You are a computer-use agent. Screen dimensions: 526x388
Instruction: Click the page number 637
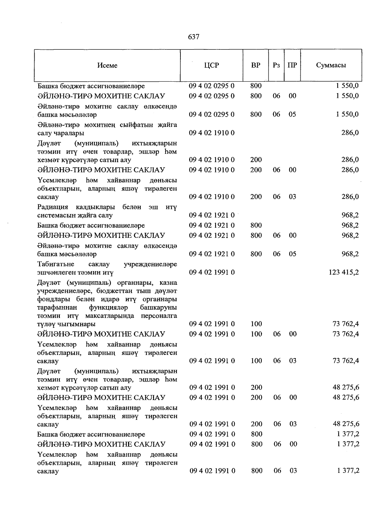pos(194,37)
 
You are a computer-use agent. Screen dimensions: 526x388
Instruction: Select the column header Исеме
pos(107,66)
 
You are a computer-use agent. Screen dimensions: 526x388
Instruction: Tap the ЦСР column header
pos(211,65)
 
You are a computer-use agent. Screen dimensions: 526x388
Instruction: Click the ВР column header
pos(255,65)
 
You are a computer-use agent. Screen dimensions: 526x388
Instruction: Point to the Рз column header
pos(276,65)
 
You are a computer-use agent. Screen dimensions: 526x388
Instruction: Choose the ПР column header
pos(292,65)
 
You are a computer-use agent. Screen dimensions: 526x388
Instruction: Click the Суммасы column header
pos(331,65)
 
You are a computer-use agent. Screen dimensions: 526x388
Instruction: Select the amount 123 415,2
pos(343,273)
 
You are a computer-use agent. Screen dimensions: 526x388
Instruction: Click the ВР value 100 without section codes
pos(256,324)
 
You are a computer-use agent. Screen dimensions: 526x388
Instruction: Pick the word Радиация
pos(53,207)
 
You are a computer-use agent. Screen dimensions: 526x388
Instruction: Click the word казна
pos(168,283)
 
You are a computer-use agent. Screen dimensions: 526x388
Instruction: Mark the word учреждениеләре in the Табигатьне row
pos(150,264)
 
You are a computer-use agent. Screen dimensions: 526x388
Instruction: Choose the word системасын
pos(53,215)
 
